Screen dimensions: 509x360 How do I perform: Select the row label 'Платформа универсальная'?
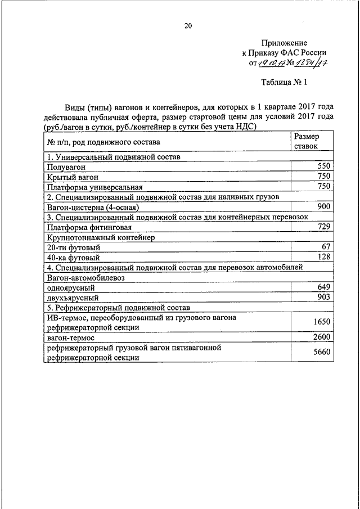[94, 187]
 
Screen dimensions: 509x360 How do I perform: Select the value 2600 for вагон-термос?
[320, 337]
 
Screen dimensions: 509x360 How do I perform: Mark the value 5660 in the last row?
[320, 353]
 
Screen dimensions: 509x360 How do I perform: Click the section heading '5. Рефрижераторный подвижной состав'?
[119, 308]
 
